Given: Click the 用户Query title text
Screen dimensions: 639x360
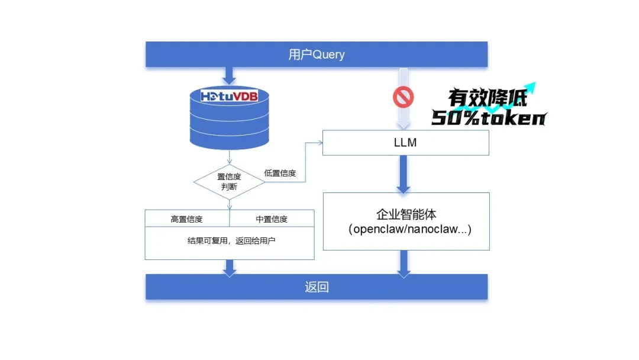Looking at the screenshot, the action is pyautogui.click(x=316, y=54).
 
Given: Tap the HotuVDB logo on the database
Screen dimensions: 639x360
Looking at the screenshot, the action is pyautogui.click(x=229, y=97).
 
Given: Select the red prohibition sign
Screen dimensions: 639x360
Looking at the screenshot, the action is pyautogui.click(x=403, y=97).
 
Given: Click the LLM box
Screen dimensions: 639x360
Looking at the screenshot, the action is pyautogui.click(x=405, y=143).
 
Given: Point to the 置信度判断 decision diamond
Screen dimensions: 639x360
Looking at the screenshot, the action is pyautogui.click(x=229, y=182).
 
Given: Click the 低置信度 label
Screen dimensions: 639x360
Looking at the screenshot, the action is pyautogui.click(x=279, y=173).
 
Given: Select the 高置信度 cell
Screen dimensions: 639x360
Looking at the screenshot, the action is pyautogui.click(x=187, y=218).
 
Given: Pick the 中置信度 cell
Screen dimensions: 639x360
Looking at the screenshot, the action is pyautogui.click(x=272, y=218).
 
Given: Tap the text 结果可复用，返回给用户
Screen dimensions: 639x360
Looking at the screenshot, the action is pyautogui.click(x=231, y=240).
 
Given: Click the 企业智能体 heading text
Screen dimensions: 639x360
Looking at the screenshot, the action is pyautogui.click(x=406, y=214).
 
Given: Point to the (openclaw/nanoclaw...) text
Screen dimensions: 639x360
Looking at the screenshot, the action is pyautogui.click(x=409, y=229).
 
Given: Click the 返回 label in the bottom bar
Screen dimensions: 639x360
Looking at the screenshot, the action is pyautogui.click(x=317, y=287).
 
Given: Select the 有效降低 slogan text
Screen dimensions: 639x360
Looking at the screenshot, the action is pyautogui.click(x=488, y=98).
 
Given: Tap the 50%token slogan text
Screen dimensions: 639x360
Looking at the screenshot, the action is pyautogui.click(x=489, y=118).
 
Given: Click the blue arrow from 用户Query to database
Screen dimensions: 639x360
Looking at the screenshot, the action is pyautogui.click(x=229, y=76).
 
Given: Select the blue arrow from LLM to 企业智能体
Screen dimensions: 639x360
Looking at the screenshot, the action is pyautogui.click(x=403, y=175).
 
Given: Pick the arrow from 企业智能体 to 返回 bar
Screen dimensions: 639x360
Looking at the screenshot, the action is pyautogui.click(x=404, y=264).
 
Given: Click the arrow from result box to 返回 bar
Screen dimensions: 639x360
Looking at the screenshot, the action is pyautogui.click(x=230, y=268).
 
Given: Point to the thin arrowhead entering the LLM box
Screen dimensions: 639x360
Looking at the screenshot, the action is pyautogui.click(x=320, y=143).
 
